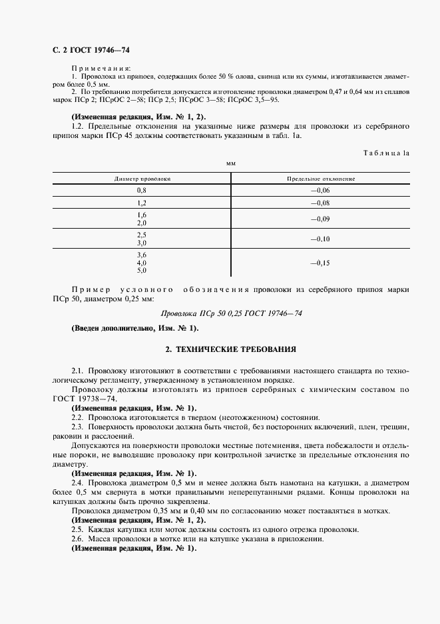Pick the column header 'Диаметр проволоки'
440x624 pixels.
142,179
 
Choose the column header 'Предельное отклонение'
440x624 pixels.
320,179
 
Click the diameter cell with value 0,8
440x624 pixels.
141,191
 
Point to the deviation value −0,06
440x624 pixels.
320,191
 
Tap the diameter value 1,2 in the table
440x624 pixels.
141,203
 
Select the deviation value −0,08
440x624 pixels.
320,203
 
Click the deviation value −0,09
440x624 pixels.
320,219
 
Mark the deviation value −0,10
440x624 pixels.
320,239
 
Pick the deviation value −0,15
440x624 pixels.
320,263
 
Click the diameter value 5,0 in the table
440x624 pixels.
141,271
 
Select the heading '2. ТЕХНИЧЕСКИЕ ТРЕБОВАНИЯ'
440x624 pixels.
231,349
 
